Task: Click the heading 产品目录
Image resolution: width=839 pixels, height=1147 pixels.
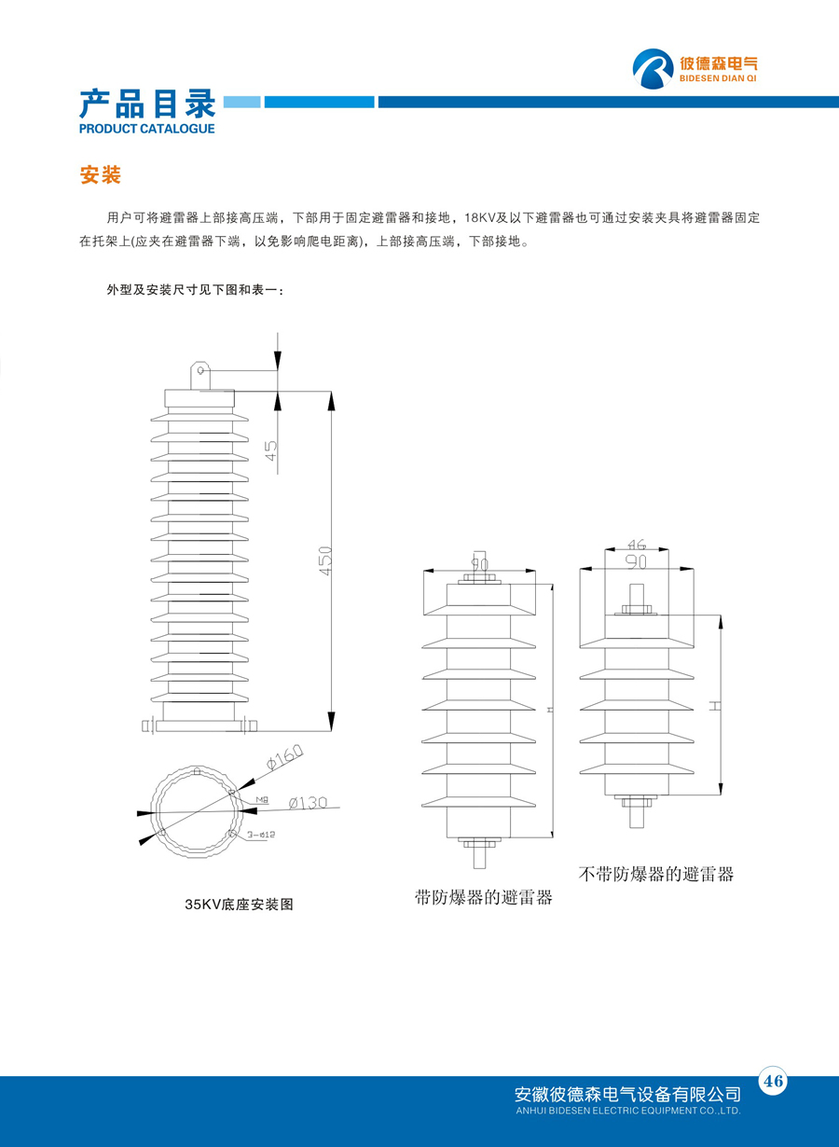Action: pyautogui.click(x=147, y=103)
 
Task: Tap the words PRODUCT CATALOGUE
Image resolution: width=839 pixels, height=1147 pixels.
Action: pyautogui.click(x=147, y=129)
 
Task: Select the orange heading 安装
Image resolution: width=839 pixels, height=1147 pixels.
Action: pyautogui.click(x=101, y=175)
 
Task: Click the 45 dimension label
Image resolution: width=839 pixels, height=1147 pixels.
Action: pyautogui.click(x=271, y=450)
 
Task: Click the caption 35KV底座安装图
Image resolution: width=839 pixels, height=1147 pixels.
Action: pyautogui.click(x=240, y=904)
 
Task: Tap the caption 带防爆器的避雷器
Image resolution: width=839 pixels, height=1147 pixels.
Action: pyautogui.click(x=484, y=898)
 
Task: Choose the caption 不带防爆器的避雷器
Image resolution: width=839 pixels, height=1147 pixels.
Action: pyautogui.click(x=656, y=874)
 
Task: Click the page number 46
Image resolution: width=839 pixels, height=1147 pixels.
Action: pyautogui.click(x=773, y=1081)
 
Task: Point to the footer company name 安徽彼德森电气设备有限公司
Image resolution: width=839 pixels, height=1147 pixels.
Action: pyautogui.click(x=627, y=1093)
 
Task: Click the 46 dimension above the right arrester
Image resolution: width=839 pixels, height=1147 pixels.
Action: pyautogui.click(x=638, y=544)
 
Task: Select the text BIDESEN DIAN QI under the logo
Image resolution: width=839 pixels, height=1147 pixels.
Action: pyautogui.click(x=719, y=81)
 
